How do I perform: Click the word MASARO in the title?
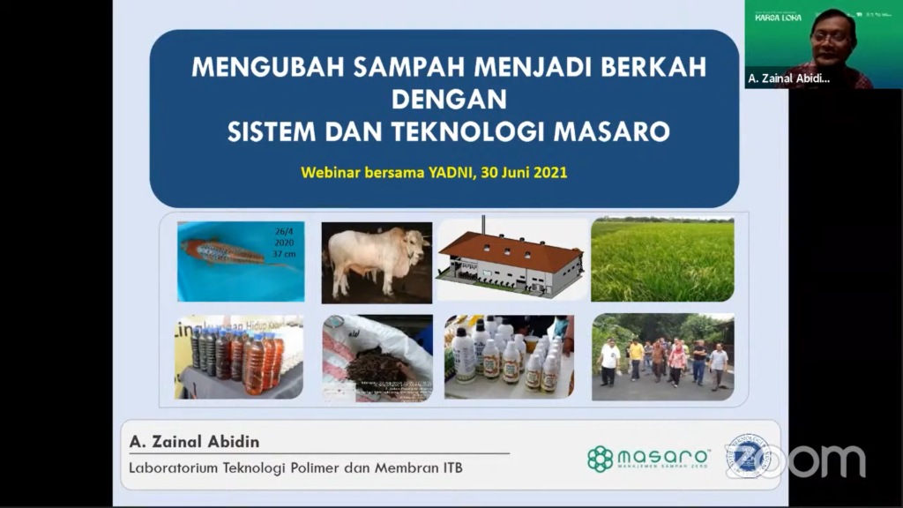click(611, 133)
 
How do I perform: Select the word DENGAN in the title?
click(449, 100)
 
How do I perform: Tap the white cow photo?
click(377, 262)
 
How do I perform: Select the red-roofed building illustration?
click(511, 262)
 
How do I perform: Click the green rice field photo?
click(662, 261)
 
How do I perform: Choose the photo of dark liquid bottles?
click(238, 357)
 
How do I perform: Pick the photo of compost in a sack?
click(377, 358)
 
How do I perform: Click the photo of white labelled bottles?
click(509, 358)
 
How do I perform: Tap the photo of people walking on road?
click(662, 357)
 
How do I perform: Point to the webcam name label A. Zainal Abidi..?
click(788, 78)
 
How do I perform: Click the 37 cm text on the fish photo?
click(284, 253)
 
